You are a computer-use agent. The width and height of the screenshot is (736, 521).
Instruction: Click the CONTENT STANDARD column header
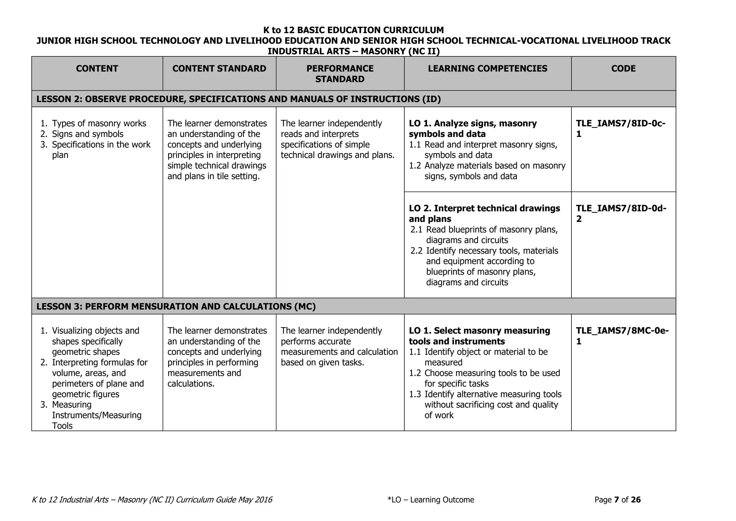coord(219,69)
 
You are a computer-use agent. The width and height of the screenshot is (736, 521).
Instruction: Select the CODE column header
coord(623,69)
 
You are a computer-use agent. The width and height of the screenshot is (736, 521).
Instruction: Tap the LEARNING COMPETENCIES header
coord(487,69)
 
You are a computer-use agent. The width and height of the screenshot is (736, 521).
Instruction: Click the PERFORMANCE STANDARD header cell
coord(340,74)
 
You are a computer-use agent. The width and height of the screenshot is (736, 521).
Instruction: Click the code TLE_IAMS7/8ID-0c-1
coord(620,129)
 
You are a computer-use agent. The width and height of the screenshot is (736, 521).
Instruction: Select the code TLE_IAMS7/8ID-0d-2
coord(621,214)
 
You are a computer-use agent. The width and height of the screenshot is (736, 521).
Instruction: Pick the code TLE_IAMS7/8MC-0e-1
coord(622,336)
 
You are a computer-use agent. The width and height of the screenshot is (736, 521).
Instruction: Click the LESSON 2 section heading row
coord(239,99)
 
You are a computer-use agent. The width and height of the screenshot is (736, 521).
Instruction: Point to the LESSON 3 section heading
coord(176,306)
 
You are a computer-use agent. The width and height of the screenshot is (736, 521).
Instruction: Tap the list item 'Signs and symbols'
coord(87,134)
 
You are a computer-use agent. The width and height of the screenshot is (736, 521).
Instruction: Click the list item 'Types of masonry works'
coord(99,124)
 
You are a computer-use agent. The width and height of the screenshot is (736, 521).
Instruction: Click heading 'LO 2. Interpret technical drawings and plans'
coord(484,214)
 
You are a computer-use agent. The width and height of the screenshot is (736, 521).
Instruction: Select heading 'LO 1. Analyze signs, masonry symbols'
coord(473,129)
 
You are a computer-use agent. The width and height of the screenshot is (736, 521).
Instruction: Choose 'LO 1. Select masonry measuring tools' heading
coord(479,336)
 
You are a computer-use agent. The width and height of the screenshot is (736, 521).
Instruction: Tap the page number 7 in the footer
coord(616,500)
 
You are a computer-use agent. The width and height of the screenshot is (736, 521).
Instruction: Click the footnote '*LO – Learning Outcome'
coord(431,500)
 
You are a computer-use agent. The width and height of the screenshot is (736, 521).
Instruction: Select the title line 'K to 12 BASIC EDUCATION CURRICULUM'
coord(353,30)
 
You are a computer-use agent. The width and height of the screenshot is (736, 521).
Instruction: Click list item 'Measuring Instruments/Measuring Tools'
coord(96,415)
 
